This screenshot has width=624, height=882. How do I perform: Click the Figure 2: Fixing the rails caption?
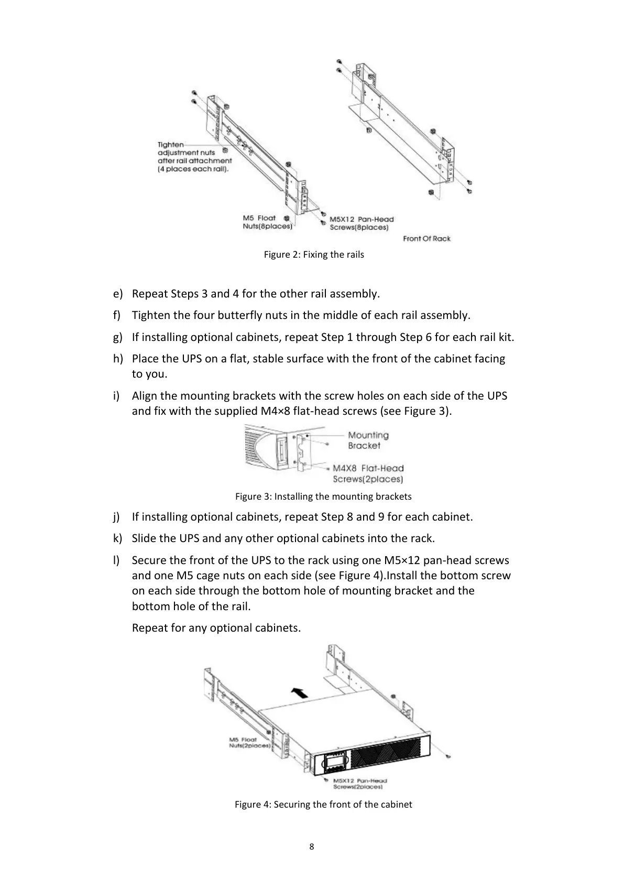[313, 255]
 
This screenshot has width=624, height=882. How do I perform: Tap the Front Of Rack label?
[426, 238]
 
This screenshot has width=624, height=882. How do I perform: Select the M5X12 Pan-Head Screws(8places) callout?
[361, 223]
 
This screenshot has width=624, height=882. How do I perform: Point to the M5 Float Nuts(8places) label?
[267, 222]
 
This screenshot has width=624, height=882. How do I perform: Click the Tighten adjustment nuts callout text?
[194, 157]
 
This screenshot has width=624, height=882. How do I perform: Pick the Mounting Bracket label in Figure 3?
[368, 440]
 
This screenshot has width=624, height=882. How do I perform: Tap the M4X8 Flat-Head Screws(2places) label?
[368, 473]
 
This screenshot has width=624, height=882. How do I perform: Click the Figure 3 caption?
[323, 496]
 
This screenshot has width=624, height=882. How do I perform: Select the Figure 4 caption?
[323, 804]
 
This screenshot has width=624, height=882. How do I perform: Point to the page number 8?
[312, 846]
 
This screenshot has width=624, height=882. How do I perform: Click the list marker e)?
[117, 293]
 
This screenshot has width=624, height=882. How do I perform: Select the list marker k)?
[117, 538]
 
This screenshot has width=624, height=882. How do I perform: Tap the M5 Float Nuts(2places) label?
[249, 742]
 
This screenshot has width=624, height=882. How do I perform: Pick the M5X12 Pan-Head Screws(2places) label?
[359, 784]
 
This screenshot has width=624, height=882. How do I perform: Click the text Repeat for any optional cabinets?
[216, 627]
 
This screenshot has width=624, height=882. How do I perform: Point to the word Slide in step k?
[144, 538]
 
